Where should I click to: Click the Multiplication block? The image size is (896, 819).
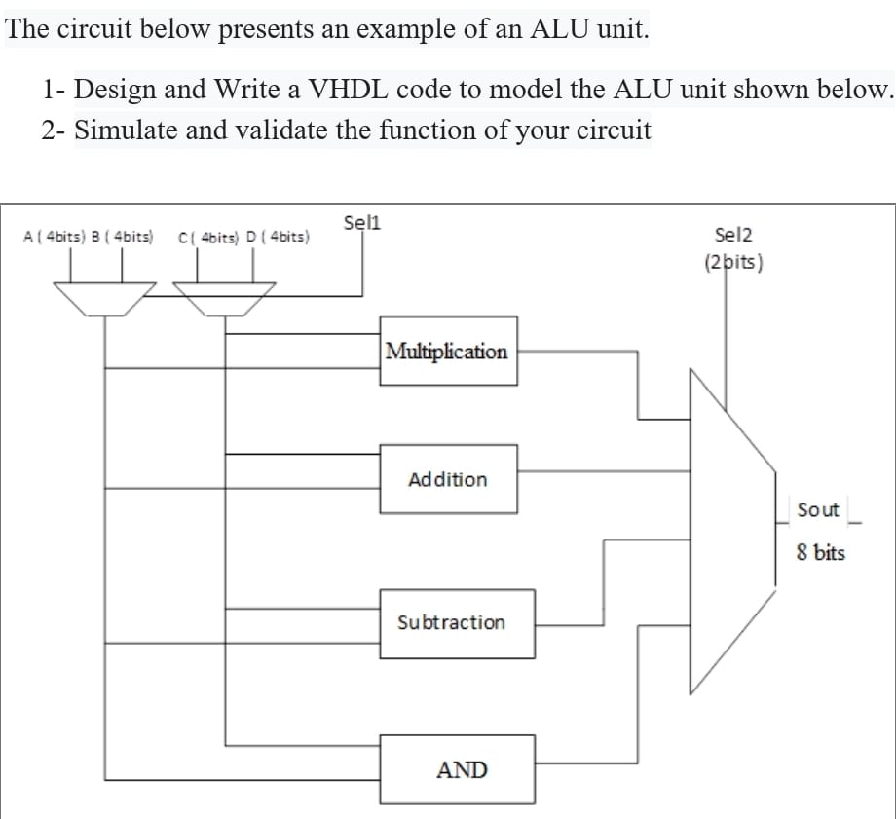[448, 351]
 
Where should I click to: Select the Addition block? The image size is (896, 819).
[448, 479]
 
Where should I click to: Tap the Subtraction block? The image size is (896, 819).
[451, 622]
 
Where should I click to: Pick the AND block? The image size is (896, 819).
[462, 770]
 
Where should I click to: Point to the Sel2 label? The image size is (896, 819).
[732, 235]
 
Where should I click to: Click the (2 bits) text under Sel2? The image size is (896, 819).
[732, 262]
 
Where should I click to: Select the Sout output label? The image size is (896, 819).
[817, 509]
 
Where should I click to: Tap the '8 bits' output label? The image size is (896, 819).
[820, 553]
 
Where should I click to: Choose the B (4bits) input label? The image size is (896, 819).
[122, 237]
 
